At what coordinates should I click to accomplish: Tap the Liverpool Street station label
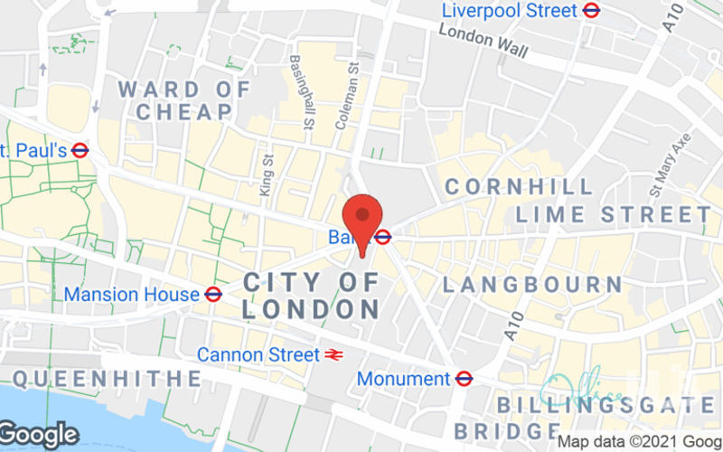coord(510,11)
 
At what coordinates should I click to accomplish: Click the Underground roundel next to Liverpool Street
coord(593,11)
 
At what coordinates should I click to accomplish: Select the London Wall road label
coord(483,40)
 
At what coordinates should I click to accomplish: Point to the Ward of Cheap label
coord(184,100)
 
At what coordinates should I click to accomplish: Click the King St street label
coord(266,173)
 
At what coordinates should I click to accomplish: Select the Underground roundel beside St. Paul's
coord(80,150)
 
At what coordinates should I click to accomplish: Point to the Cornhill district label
coord(519,187)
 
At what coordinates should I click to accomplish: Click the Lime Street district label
coord(614,214)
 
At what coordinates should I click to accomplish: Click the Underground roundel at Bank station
coord(383,238)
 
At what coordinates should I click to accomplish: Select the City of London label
coord(312,296)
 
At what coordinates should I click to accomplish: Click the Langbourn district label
coord(532,284)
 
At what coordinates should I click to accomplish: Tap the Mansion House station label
coord(131,295)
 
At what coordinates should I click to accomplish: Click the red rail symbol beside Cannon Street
coord(334,355)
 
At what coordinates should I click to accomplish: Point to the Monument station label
coord(404,379)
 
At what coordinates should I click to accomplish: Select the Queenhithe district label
coord(106,378)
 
